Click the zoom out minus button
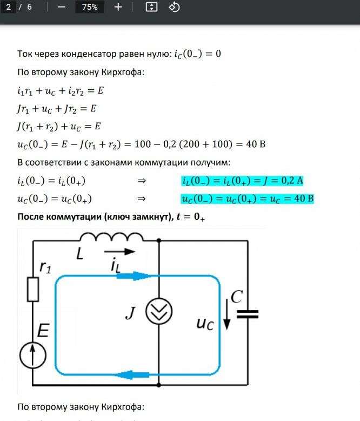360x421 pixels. [61, 7]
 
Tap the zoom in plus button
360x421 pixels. [118, 7]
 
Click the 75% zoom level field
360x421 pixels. [90, 7]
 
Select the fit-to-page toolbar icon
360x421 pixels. [152, 7]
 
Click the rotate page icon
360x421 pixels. [174, 7]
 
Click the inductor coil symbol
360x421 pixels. [111, 237]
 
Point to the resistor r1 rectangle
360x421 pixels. [33, 290]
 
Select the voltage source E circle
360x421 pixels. [33, 355]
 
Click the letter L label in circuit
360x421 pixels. [79, 253]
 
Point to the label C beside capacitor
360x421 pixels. [236, 297]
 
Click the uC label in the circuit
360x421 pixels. [205, 324]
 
